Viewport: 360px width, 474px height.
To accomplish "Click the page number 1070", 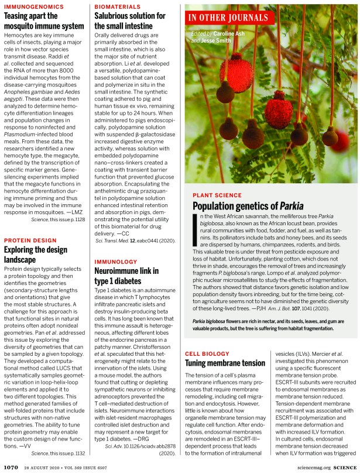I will tap(11, 466).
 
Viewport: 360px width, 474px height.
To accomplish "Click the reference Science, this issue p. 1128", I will tap(59, 219).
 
